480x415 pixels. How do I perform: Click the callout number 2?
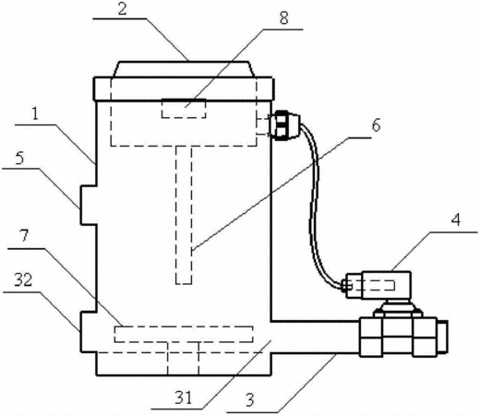[122, 9]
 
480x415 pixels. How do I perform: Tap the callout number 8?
[283, 18]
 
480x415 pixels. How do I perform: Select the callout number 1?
[35, 114]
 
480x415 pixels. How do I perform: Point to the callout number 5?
[19, 159]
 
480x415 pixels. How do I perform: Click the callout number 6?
[376, 125]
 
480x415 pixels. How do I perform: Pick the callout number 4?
[456, 219]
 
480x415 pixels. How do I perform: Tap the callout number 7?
[24, 236]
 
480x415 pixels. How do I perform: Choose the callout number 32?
[23, 280]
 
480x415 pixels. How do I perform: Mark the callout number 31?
[184, 397]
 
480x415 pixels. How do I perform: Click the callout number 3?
[250, 400]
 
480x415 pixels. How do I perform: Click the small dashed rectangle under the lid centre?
[184, 109]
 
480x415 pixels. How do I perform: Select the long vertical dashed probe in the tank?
[184, 215]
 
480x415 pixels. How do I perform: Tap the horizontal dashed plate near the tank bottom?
[184, 334]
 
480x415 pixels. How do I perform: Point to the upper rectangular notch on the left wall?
[89, 205]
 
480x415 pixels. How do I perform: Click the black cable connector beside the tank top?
[285, 125]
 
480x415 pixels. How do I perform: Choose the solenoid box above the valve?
[378, 285]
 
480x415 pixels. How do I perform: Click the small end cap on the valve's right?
[442, 337]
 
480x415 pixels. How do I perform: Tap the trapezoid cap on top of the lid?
[184, 69]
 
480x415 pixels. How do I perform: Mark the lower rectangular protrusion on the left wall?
[89, 332]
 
